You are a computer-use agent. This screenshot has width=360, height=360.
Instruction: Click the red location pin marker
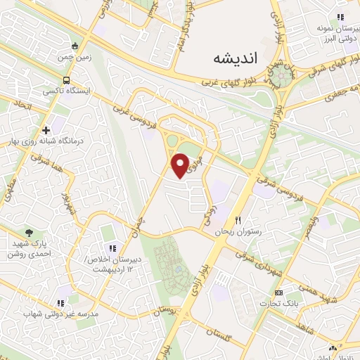click(x=181, y=165)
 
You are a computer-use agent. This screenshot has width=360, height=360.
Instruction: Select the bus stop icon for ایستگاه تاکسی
click(x=67, y=80)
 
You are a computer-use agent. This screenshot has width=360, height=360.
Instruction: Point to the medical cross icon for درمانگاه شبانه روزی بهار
click(x=46, y=130)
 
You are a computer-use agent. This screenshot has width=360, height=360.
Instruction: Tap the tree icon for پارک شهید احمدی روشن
click(x=29, y=232)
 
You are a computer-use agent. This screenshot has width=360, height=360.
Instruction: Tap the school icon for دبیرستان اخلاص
click(x=112, y=247)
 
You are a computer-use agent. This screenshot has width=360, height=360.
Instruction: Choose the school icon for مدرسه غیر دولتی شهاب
click(x=60, y=303)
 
